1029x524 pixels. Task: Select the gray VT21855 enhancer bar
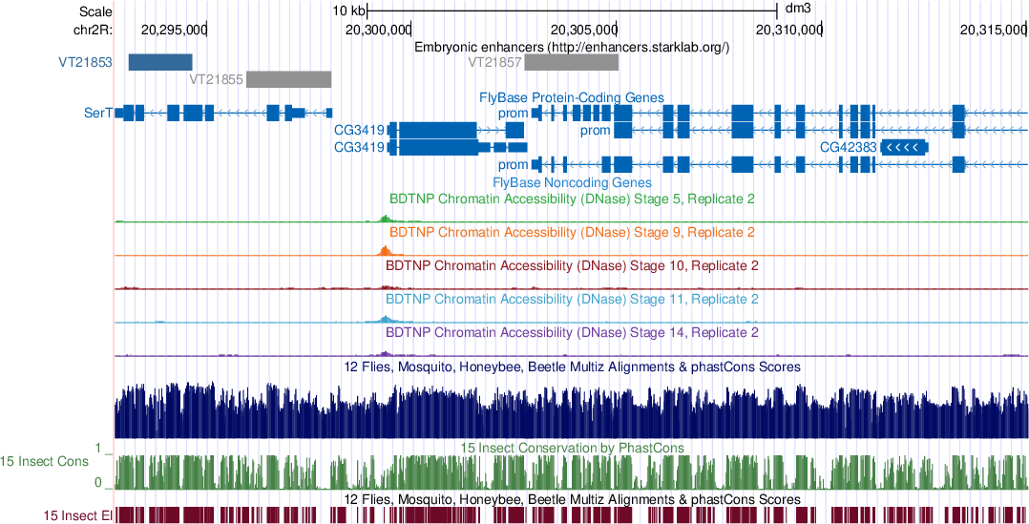[x=288, y=79]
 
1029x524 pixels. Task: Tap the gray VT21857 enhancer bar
[x=571, y=62]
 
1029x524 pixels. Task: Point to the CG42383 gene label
[x=848, y=148]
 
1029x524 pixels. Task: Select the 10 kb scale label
[x=348, y=10]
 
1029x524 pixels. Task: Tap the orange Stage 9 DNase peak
[x=385, y=251]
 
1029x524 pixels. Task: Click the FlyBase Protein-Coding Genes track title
[x=571, y=97]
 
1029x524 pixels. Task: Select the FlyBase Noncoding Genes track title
[x=572, y=181]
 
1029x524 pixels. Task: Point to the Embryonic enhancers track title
[x=572, y=47]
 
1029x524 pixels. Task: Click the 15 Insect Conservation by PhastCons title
[x=572, y=448]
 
